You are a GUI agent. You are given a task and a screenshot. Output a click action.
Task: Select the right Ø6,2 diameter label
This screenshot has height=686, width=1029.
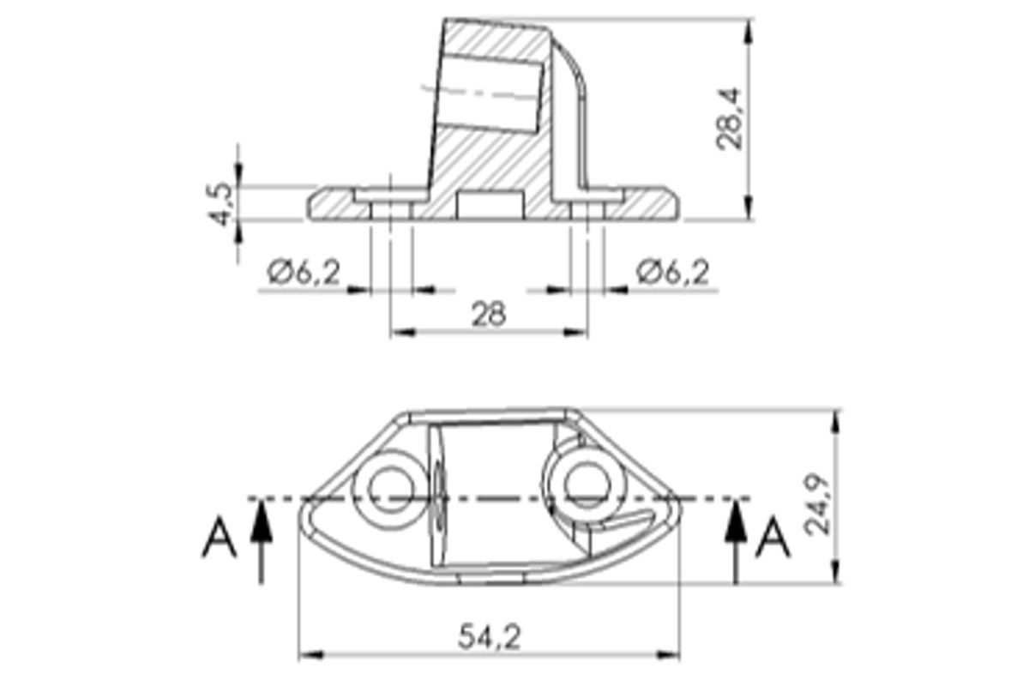[673, 273]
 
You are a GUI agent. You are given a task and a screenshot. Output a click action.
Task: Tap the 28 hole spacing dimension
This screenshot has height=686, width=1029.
[489, 314]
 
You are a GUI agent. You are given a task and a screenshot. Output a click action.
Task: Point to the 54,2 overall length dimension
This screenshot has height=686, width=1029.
[490, 637]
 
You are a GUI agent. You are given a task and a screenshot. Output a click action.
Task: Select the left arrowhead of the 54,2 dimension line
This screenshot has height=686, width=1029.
[307, 655]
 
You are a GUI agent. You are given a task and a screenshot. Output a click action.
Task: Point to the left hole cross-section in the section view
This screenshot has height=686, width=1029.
[391, 210]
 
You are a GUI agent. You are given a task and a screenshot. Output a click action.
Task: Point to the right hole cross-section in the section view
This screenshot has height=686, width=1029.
[588, 210]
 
